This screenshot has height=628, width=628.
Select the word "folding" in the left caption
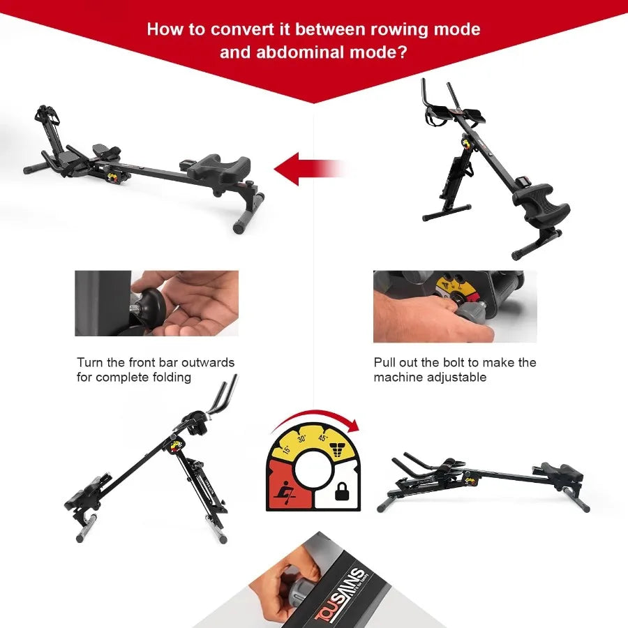pyautogui.click(x=173, y=377)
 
